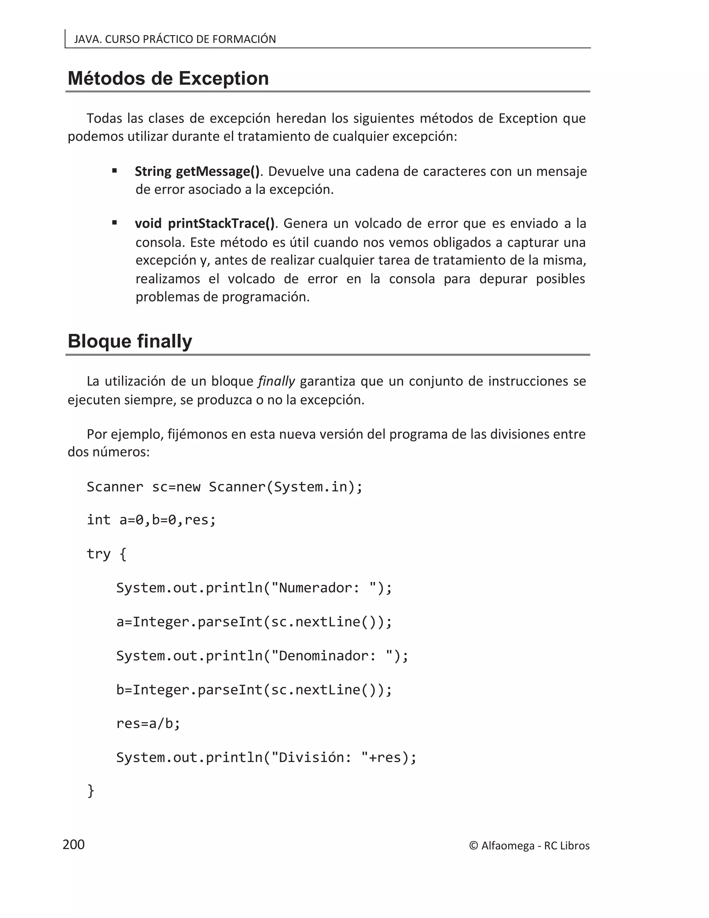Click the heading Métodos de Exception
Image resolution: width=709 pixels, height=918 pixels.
pyautogui.click(x=168, y=79)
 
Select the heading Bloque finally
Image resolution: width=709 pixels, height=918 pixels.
pyautogui.click(x=130, y=341)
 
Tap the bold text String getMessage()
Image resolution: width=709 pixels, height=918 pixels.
pyautogui.click(x=197, y=171)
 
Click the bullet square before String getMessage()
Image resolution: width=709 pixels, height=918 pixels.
pyautogui.click(x=114, y=171)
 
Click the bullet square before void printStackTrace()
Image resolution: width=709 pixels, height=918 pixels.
pyautogui.click(x=114, y=223)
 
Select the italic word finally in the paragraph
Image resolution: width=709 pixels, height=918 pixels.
pyautogui.click(x=276, y=381)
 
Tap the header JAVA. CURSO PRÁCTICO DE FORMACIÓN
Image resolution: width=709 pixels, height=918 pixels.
pyautogui.click(x=175, y=39)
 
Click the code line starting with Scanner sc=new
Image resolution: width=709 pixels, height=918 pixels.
pyautogui.click(x=224, y=487)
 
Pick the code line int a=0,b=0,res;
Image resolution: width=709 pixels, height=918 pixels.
pyautogui.click(x=151, y=520)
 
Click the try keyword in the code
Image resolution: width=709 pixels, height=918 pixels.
pyautogui.click(x=98, y=554)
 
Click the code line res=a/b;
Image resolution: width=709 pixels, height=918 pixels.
pyautogui.click(x=148, y=723)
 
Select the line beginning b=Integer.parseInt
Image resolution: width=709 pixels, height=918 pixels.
pyautogui.click(x=254, y=690)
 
